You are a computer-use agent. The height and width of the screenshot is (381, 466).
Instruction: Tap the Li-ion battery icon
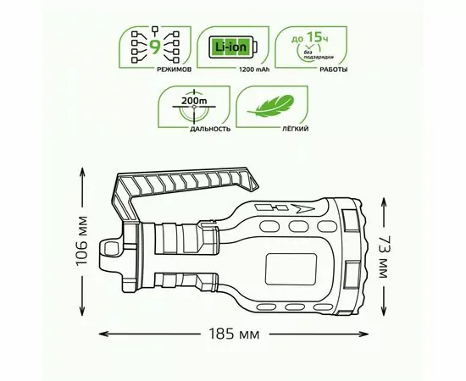click(226, 47)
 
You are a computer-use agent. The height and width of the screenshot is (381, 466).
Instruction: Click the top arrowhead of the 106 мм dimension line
click(83, 169)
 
